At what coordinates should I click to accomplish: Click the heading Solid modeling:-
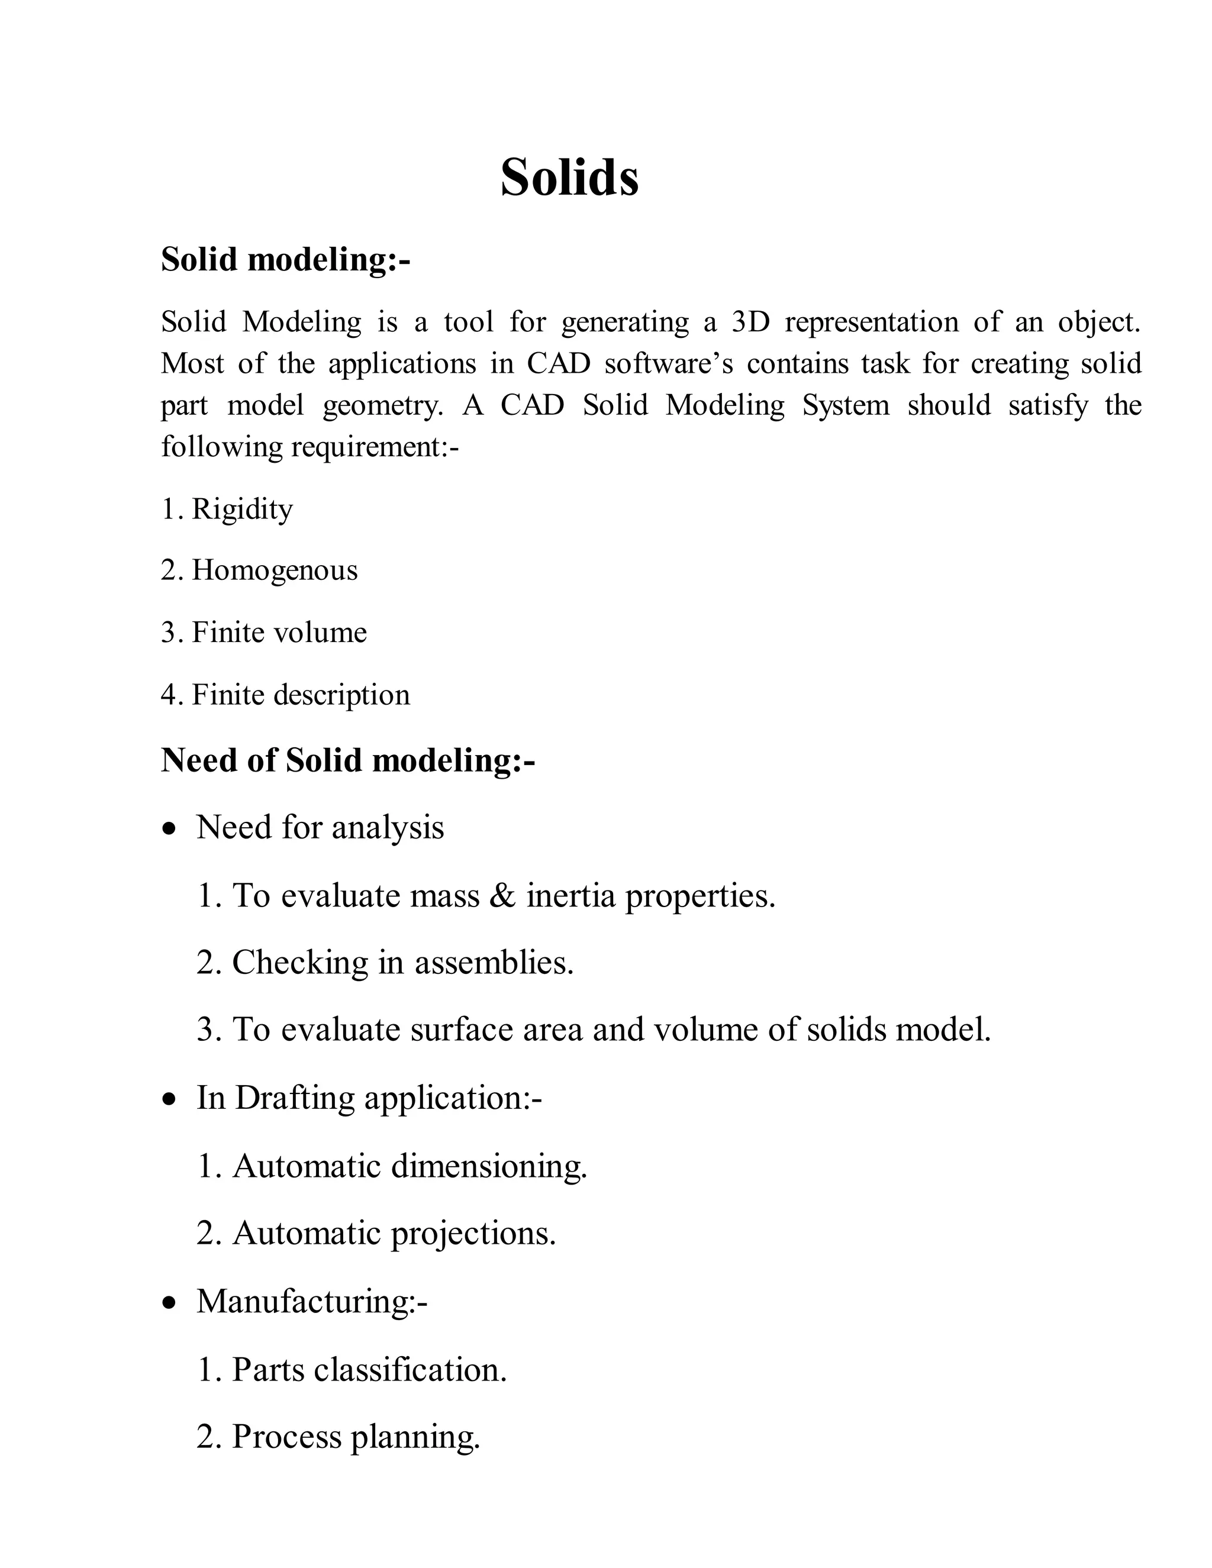pos(285,259)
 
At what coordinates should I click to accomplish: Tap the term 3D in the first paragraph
pos(750,322)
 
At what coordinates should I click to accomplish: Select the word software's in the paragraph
pos(669,363)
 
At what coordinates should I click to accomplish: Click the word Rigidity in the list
pos(242,509)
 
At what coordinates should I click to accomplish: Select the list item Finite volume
pos(279,633)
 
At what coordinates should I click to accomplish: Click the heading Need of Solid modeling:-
pos(347,760)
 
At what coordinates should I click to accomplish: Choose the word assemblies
pos(494,963)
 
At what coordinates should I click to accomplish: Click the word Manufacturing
pos(302,1302)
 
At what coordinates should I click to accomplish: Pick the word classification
pos(410,1369)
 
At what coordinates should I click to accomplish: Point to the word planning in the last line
pos(415,1437)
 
